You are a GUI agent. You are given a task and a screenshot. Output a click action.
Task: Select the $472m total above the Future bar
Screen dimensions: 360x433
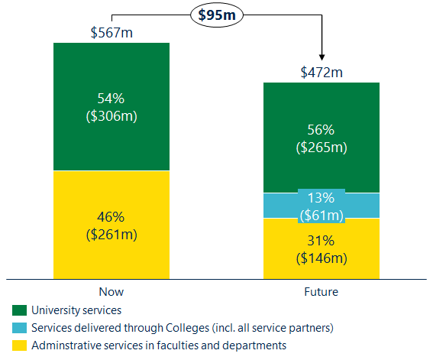click(322, 73)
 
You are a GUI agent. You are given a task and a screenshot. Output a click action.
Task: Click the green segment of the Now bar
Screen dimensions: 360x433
click(111, 76)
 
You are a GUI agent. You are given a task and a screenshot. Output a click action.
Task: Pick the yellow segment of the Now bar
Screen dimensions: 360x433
click(111, 252)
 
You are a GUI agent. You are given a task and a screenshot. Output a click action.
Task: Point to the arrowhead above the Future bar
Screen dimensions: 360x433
click(322, 55)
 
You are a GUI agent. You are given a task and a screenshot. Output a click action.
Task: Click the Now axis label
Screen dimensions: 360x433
click(111, 291)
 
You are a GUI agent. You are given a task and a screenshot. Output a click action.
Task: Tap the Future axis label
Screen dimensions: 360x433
click(322, 291)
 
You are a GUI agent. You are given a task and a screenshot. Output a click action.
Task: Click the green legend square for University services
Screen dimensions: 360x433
click(18, 311)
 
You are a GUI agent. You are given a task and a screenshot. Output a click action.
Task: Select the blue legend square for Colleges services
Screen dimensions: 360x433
click(18, 328)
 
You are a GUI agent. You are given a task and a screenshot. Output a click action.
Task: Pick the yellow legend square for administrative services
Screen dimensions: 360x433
click(18, 345)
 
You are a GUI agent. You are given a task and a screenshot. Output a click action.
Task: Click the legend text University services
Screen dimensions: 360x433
click(76, 310)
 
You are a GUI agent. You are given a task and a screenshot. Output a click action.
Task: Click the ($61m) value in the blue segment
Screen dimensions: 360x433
click(322, 214)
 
